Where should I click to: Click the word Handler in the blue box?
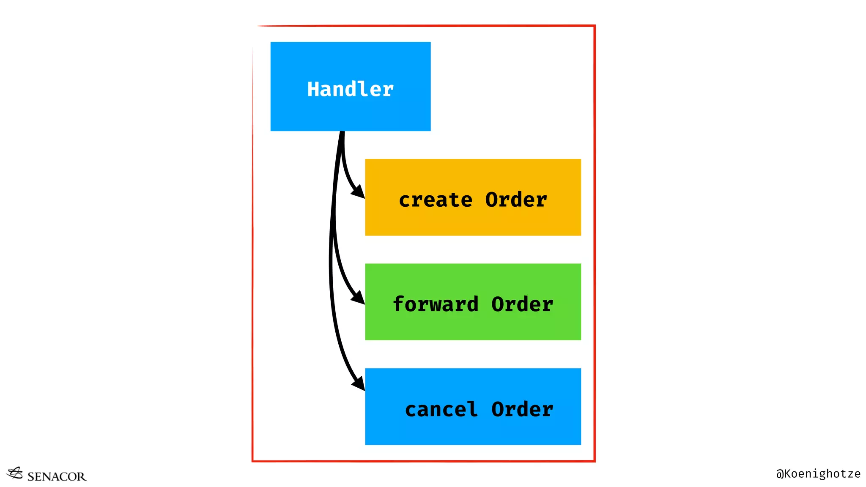tap(350, 89)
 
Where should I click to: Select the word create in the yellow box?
tap(435, 200)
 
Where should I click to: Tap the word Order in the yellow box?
tap(516, 200)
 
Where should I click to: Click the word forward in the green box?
tap(436, 304)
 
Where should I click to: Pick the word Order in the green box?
tap(522, 304)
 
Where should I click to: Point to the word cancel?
tap(441, 409)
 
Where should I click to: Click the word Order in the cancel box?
tap(522, 409)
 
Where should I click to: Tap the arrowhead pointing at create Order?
tap(359, 192)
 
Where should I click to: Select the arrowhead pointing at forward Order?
tap(359, 298)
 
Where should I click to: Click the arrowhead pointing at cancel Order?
tap(359, 384)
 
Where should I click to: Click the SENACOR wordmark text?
tap(56, 476)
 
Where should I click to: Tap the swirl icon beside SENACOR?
tap(15, 473)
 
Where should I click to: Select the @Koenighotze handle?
tap(818, 473)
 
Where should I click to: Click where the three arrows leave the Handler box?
tap(342, 133)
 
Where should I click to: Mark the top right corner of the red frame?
tap(594, 26)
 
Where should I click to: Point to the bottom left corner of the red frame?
tap(253, 461)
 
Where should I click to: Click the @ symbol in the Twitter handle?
tap(780, 474)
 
